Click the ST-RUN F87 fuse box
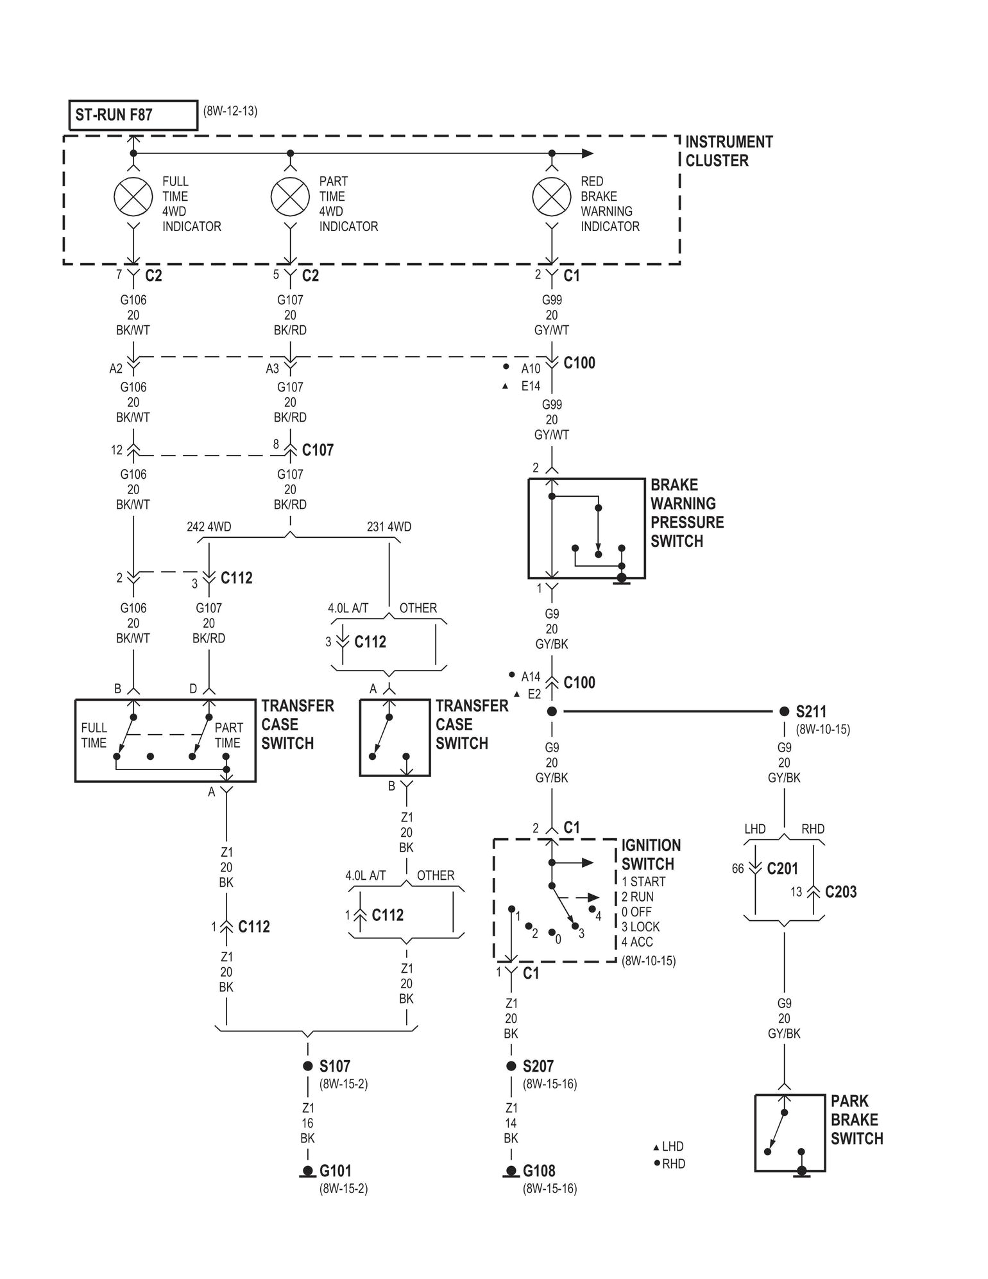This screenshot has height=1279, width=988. click(x=133, y=116)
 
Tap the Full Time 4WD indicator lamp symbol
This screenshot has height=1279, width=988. click(x=133, y=197)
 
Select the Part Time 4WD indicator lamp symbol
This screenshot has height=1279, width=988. click(x=290, y=197)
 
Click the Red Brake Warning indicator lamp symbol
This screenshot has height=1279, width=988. click(x=552, y=197)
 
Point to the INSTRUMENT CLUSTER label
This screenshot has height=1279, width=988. click(x=729, y=151)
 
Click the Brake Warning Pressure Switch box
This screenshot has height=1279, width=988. click(x=586, y=528)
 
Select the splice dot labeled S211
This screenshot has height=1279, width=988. click(x=784, y=711)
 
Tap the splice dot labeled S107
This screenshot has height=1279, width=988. click(x=307, y=1066)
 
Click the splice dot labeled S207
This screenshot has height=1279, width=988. click(x=511, y=1066)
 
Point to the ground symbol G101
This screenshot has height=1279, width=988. click(x=307, y=1172)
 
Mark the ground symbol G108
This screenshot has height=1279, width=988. click(x=511, y=1172)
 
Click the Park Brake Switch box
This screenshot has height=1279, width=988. click(x=790, y=1133)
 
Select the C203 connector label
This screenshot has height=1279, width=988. click(x=840, y=892)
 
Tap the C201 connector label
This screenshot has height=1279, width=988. click(x=783, y=868)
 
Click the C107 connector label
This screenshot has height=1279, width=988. click(x=318, y=450)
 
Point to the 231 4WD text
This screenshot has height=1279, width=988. click(x=389, y=527)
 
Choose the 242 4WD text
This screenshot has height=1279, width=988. click(x=209, y=527)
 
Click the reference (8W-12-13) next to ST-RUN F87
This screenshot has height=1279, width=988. click(x=230, y=110)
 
